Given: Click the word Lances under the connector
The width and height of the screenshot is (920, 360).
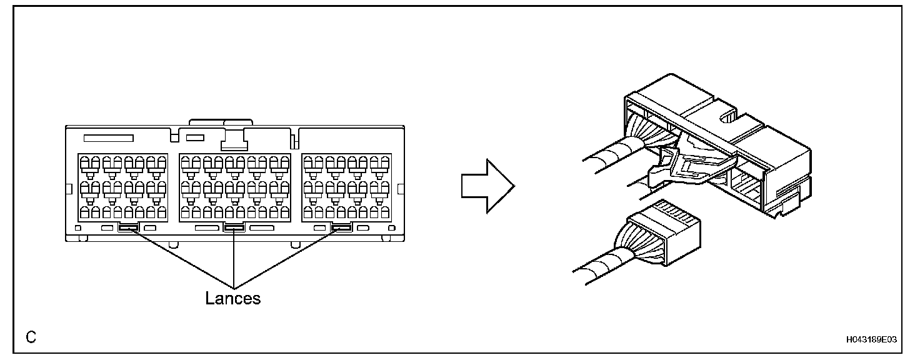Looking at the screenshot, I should [x=232, y=298].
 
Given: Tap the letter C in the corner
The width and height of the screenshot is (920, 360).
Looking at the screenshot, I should [x=31, y=337].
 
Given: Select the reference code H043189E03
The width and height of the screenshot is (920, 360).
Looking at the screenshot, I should [x=871, y=339].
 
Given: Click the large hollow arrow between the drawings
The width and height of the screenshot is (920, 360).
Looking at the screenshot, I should [x=487, y=186].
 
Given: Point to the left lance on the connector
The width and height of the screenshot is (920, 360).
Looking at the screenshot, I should [x=128, y=228].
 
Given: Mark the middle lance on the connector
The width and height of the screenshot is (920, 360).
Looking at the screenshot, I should [x=234, y=228].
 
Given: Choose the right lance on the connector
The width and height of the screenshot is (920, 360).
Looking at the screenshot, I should [x=341, y=228].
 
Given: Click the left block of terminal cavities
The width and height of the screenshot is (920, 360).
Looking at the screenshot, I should [x=122, y=186].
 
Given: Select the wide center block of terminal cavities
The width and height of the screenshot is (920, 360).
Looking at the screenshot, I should [x=235, y=186].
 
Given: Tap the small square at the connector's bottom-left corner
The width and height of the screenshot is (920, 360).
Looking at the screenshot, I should [x=77, y=228].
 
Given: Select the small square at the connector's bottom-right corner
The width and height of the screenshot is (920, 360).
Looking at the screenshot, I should [x=392, y=228].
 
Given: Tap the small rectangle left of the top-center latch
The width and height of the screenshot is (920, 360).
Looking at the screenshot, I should [x=196, y=136].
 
